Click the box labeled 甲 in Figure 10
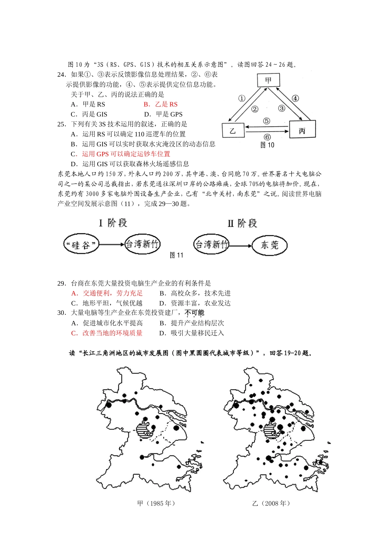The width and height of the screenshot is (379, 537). pos(268,80)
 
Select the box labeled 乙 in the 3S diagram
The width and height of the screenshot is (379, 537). pos(233,131)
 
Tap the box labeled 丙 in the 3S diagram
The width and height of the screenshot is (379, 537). pos(302,130)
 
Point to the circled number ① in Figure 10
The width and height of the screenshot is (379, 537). pos(242,99)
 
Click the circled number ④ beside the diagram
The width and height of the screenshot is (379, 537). pos(295,99)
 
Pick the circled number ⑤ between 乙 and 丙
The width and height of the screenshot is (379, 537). pos(267,121)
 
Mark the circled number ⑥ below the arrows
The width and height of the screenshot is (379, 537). pos(267,137)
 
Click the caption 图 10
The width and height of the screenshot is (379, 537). pos(267,145)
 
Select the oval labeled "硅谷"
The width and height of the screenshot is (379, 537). pos(81,245)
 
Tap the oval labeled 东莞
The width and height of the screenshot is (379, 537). pos(269,245)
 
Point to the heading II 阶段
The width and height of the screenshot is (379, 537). pos(242,223)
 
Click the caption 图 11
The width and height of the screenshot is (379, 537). pos(176,255)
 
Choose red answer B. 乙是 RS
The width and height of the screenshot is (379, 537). pos(160,104)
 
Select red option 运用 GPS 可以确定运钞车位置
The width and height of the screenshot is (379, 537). pos(126,154)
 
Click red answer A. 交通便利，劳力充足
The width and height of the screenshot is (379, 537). pos(107,293)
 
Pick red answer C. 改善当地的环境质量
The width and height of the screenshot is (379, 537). pos(107,333)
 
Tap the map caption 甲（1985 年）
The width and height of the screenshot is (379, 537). pos(156,503)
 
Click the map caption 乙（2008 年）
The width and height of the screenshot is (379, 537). pos(271,503)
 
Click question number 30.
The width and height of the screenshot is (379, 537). pos(61,313)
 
